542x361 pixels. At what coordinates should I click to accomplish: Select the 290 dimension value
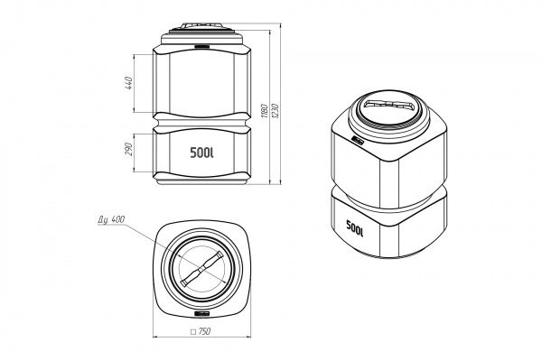128,147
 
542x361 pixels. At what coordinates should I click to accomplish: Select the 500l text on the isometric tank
354,228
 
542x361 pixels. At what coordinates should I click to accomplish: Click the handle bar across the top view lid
201,270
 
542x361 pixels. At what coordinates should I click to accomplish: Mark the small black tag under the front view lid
201,43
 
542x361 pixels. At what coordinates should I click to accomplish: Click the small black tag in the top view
201,313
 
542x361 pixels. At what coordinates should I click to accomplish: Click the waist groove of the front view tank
201,120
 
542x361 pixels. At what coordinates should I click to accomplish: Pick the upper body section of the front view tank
201,81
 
